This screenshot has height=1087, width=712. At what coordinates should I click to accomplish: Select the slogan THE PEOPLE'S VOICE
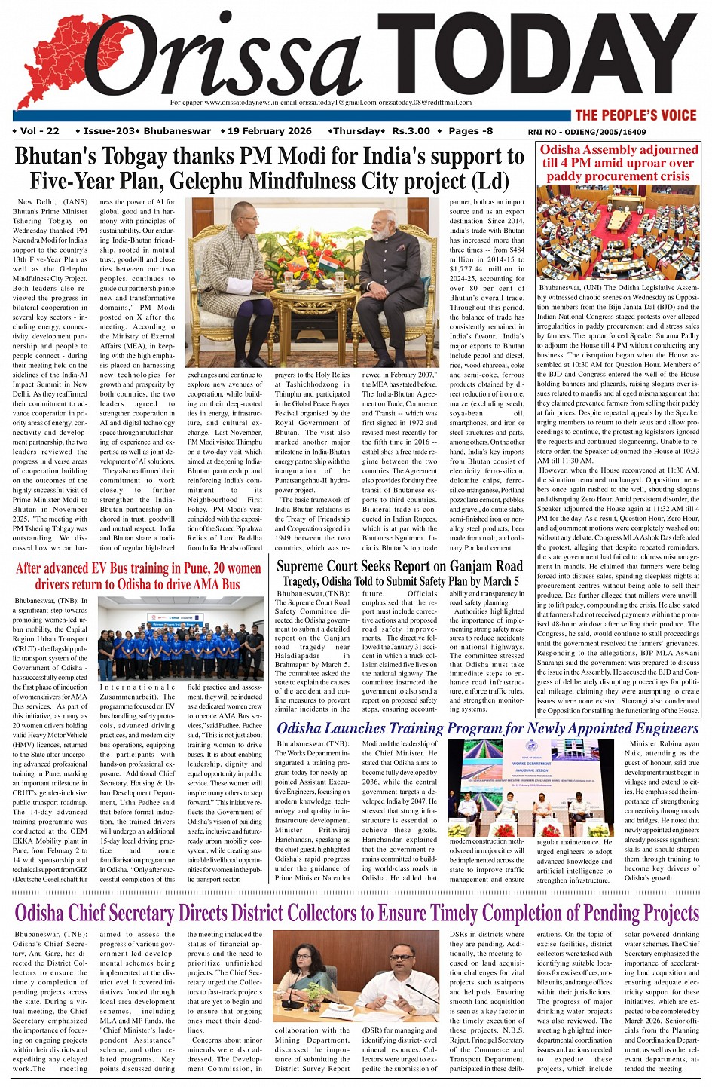click(636, 115)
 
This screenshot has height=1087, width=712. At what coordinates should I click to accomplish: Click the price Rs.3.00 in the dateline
click(411, 131)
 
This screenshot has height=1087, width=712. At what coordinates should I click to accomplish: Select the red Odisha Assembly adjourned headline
click(619, 163)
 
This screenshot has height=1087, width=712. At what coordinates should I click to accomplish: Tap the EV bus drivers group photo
click(181, 638)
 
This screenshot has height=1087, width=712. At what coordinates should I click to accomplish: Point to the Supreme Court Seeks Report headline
click(399, 566)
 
